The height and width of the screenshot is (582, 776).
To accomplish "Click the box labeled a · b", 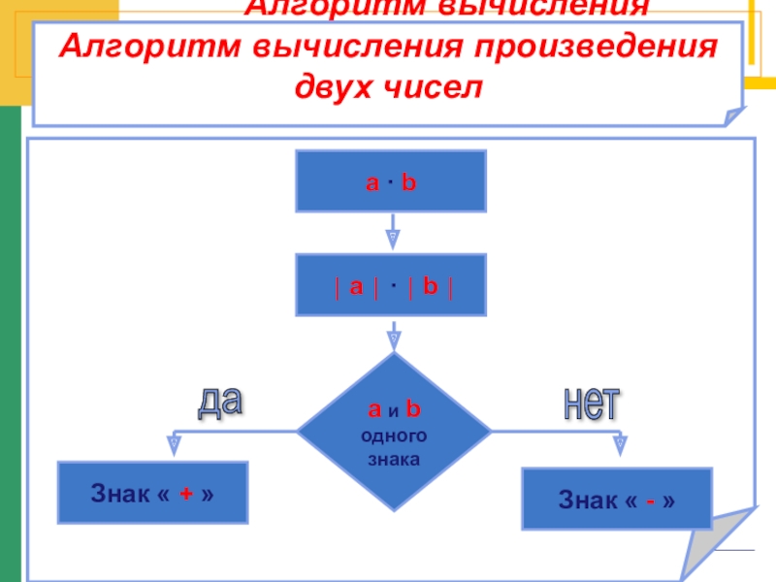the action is click(390, 181).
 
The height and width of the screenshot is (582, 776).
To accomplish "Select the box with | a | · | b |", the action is click(390, 286).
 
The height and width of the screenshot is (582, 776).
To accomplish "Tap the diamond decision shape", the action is click(393, 432).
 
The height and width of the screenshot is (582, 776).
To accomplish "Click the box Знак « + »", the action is click(153, 494).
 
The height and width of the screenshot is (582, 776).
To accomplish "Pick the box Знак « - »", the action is click(617, 500).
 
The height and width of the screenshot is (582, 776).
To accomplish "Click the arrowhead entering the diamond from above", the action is click(393, 340).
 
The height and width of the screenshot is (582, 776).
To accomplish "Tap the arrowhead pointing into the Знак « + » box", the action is click(174, 447).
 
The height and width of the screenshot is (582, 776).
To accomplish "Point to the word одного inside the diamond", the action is click(393, 437).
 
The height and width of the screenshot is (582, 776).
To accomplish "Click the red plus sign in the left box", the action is click(182, 494).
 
